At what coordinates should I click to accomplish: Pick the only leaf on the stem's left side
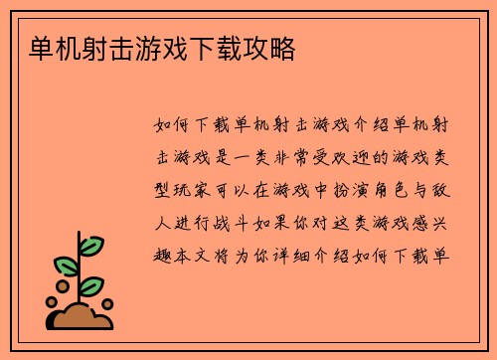[x=65, y=266]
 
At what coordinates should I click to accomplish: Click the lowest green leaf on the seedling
[x=90, y=286]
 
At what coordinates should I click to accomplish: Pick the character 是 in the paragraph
[x=222, y=158]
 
